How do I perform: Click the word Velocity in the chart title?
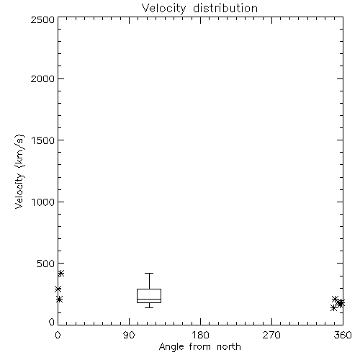163,9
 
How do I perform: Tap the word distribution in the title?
225,8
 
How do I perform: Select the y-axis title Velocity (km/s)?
19,171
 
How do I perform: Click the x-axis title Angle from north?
200,346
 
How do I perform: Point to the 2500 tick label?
42,19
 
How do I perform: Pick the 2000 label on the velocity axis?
42,78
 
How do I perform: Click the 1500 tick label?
43,140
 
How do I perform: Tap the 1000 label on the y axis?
43,202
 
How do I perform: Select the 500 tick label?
46,264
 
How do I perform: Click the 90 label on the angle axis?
129,335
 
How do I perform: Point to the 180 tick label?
200,335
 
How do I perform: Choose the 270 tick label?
271,335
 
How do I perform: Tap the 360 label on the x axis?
343,335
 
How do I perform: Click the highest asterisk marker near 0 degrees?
60,273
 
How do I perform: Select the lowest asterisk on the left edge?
59,300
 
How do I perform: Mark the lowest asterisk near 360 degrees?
333,307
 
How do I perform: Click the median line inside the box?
149,299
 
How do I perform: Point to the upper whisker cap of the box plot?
149,273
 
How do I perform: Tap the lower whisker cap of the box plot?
149,307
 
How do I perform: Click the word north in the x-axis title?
229,346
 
